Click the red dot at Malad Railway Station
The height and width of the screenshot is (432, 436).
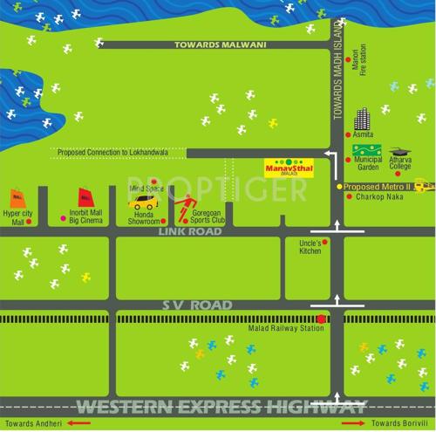pos(321,319)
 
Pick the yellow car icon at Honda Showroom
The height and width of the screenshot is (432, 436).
pos(141,202)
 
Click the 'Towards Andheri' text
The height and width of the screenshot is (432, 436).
pos(33,423)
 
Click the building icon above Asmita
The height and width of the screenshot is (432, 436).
pos(362,119)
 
